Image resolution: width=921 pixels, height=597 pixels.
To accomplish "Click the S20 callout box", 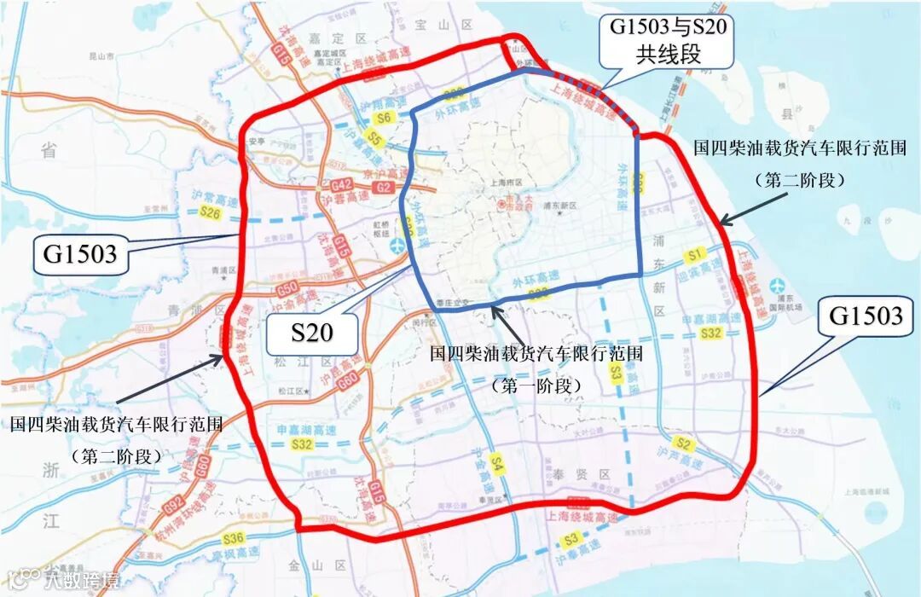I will [311, 332].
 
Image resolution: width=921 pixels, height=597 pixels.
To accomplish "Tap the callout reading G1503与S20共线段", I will [667, 40].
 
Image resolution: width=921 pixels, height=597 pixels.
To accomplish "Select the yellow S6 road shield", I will [384, 118].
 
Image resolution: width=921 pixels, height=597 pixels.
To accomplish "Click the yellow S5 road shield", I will [374, 137].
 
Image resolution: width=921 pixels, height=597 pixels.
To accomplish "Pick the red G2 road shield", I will [383, 187].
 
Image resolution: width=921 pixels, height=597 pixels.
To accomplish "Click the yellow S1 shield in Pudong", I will [693, 254].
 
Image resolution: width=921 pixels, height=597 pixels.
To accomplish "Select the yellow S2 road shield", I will [681, 443].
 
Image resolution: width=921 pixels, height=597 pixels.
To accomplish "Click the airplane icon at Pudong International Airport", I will [777, 284].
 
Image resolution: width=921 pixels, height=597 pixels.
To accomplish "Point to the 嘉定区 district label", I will [350, 38].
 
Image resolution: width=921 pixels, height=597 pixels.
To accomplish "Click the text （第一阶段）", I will [536, 385].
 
